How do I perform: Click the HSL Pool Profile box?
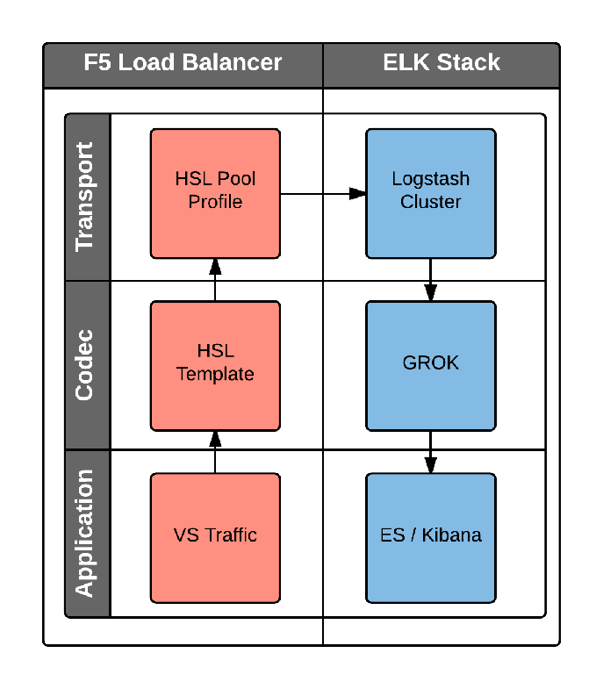click(215, 193)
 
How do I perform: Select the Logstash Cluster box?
click(430, 193)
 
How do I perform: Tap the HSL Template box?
click(215, 365)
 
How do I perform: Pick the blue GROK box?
click(430, 365)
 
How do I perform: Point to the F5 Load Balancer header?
click(183, 63)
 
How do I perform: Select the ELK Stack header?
click(441, 63)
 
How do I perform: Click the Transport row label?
click(86, 197)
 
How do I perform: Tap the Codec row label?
click(86, 365)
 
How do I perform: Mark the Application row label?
click(86, 533)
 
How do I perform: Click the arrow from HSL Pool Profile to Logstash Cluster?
click(323, 193)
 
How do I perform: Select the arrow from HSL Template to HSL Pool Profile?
click(215, 280)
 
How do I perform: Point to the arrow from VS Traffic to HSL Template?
click(215, 452)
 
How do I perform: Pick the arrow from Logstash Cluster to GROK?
click(430, 280)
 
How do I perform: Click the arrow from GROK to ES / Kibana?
click(430, 452)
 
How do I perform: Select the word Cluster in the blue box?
click(430, 202)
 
